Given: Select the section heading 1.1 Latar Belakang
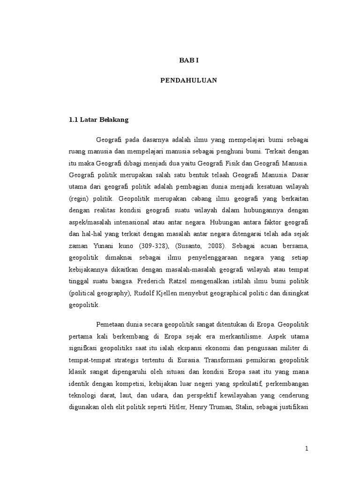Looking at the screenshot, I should click(98, 120).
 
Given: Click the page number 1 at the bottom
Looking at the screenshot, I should click(307, 449).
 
